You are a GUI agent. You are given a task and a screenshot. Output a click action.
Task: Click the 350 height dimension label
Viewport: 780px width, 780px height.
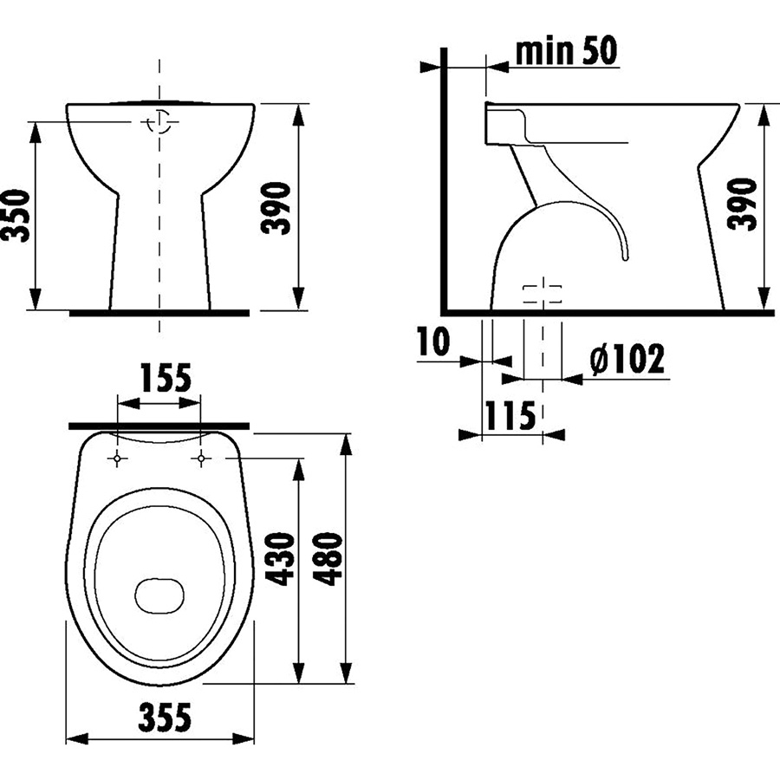15,216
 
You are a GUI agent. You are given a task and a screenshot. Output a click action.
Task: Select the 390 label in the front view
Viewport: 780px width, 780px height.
276,208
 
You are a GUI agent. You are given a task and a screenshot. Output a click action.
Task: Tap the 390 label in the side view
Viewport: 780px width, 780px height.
742,205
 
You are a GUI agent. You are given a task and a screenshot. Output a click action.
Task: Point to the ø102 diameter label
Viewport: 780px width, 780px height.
627,358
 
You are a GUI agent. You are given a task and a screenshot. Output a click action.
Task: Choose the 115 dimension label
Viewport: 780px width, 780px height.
510,415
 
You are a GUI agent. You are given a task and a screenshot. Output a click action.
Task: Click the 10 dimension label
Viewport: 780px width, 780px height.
434,341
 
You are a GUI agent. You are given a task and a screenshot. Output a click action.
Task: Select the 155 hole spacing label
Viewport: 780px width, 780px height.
166,378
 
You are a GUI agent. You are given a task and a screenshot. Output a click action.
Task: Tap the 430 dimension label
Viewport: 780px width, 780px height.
280,559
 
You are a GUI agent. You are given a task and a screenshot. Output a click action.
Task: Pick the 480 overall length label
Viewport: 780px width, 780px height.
327,559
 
